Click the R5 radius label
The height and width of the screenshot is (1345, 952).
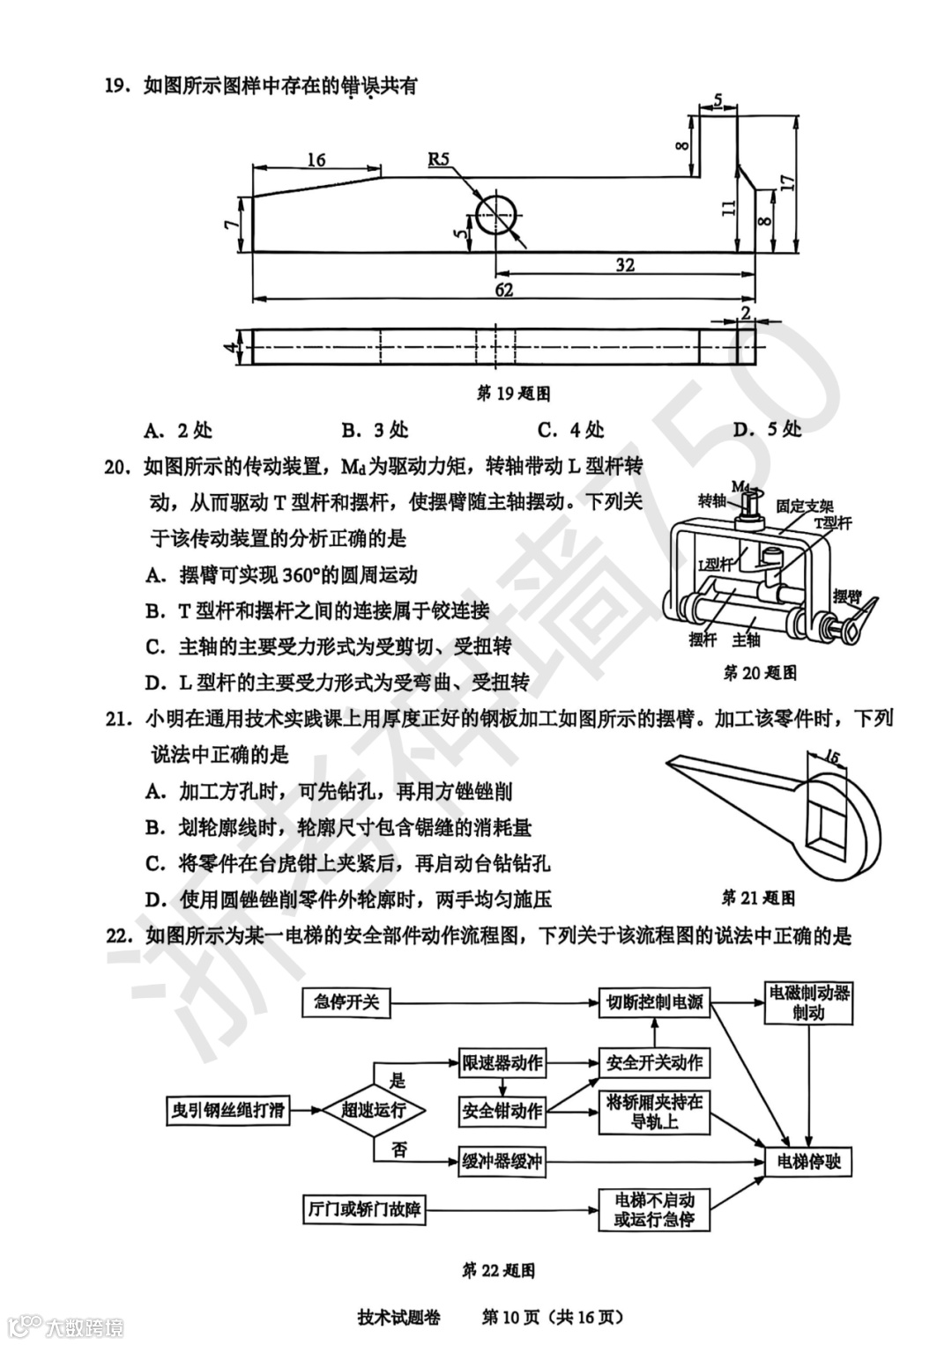point(439,159)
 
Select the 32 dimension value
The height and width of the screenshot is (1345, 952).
point(624,264)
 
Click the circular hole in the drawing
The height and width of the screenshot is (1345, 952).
point(497,214)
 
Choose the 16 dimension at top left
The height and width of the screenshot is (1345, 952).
point(316,159)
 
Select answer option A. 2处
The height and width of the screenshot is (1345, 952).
point(179,430)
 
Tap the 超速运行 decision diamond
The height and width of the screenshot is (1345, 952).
point(373,1110)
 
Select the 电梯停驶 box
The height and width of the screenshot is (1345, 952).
point(808,1162)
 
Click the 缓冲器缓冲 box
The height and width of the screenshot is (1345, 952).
point(502,1162)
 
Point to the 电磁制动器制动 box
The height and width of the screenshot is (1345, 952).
point(808,1002)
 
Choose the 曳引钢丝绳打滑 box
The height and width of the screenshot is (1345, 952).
point(228,1110)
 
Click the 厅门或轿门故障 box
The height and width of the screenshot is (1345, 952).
point(362,1209)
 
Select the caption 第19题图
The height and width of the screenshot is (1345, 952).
point(513,393)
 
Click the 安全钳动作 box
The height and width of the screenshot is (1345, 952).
point(502,1111)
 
